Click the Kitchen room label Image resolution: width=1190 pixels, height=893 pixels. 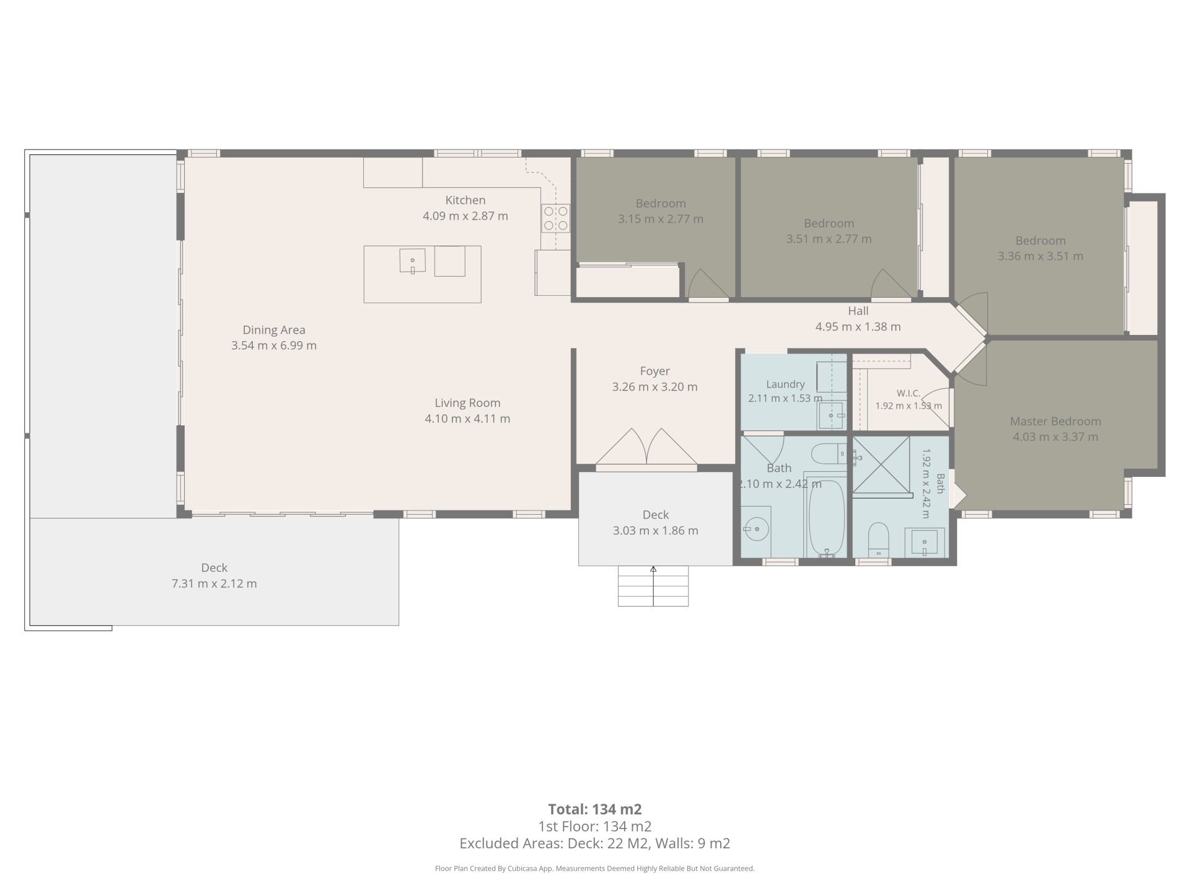pyautogui.click(x=465, y=200)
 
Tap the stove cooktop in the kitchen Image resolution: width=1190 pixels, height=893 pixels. pyautogui.click(x=555, y=218)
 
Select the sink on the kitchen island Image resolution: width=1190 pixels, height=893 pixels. pyautogui.click(x=413, y=260)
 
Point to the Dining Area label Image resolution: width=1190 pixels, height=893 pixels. pyautogui.click(x=274, y=330)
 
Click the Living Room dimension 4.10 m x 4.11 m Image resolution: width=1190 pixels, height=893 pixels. pyautogui.click(x=467, y=419)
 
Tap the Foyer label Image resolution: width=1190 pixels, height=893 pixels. pyautogui.click(x=655, y=371)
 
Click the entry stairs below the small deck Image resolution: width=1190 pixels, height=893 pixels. pyautogui.click(x=653, y=586)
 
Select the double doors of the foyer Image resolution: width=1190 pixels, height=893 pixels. pyautogui.click(x=646, y=446)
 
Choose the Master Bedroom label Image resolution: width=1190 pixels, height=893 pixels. pyautogui.click(x=1056, y=421)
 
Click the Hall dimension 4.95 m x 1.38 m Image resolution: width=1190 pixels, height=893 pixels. pyautogui.click(x=858, y=327)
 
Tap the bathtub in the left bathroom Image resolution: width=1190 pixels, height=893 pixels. pyautogui.click(x=827, y=518)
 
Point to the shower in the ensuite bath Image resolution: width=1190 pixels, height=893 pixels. pyautogui.click(x=881, y=465)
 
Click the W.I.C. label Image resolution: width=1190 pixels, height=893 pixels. pyautogui.click(x=909, y=393)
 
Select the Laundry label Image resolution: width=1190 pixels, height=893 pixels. pyautogui.click(x=785, y=384)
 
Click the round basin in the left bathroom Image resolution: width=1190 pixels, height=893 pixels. pyautogui.click(x=756, y=530)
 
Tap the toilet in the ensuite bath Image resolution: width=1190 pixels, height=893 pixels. pyautogui.click(x=878, y=540)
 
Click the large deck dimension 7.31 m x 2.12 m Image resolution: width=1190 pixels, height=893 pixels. pyautogui.click(x=214, y=584)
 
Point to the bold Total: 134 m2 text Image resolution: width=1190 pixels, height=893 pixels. pyautogui.click(x=595, y=809)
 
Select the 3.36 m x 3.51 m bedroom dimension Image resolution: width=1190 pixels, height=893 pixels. pyautogui.click(x=1041, y=256)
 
